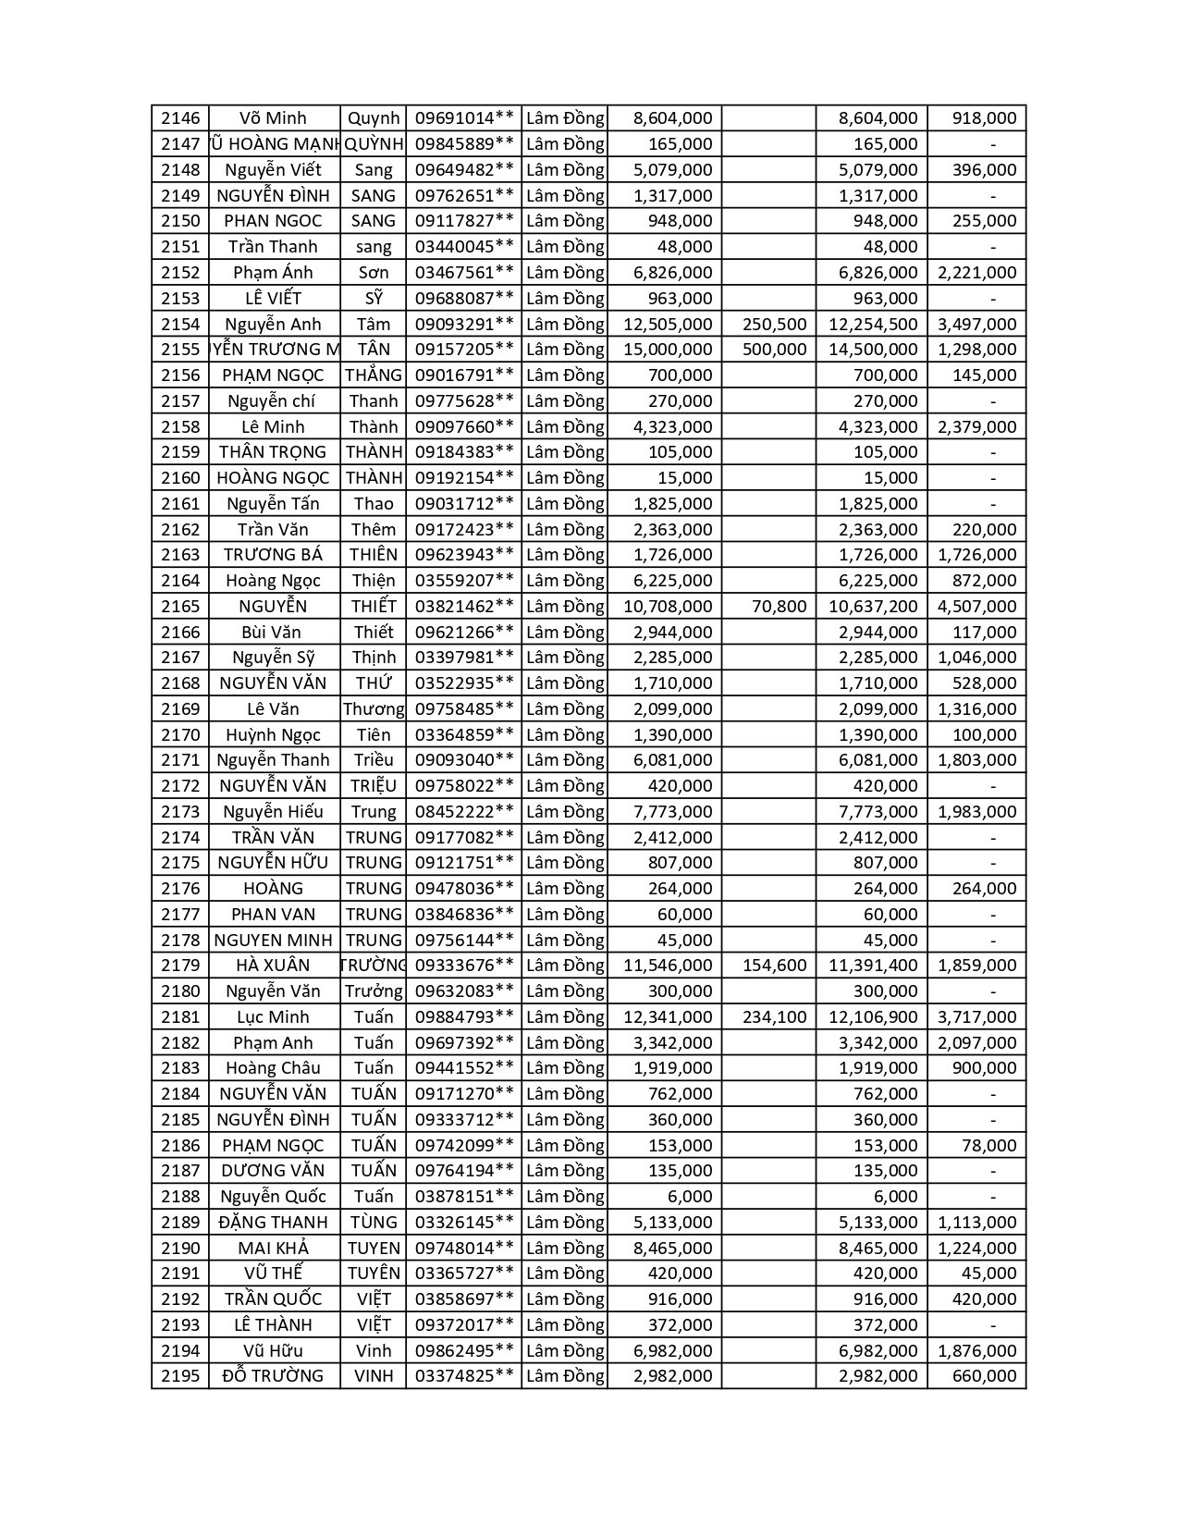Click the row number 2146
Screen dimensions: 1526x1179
click(x=180, y=118)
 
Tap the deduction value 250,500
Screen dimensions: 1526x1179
click(x=775, y=325)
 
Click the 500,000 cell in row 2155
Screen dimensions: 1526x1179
click(x=775, y=350)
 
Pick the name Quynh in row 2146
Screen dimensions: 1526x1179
click(x=374, y=118)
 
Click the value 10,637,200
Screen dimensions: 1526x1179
click(x=873, y=607)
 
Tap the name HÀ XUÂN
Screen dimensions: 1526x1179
click(x=273, y=966)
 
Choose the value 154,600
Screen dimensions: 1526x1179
click(x=775, y=966)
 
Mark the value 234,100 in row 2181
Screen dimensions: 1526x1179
click(x=775, y=1017)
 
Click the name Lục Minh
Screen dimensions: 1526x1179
click(x=273, y=1017)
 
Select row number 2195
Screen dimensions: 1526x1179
click(x=180, y=1376)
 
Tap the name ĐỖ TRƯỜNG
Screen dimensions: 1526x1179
click(x=273, y=1376)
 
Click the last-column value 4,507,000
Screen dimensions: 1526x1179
click(x=976, y=607)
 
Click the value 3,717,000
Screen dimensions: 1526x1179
click(x=976, y=1017)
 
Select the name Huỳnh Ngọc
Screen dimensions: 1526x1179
click(x=273, y=735)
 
